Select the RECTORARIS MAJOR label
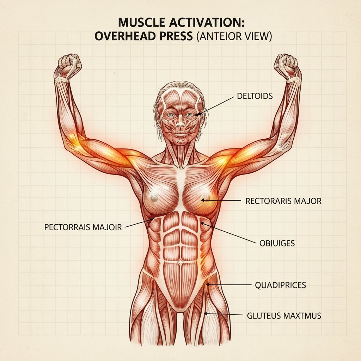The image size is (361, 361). tap(283, 201)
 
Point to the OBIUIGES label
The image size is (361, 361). tap(277, 243)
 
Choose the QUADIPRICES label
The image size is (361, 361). tap(280, 285)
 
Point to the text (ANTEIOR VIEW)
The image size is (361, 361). tap(233, 37)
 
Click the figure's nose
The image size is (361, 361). tap(180, 124)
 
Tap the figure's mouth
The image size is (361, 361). tap(180, 135)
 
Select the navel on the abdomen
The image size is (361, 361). tap(180, 263)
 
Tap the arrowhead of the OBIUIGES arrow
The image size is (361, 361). tap(202, 222)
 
